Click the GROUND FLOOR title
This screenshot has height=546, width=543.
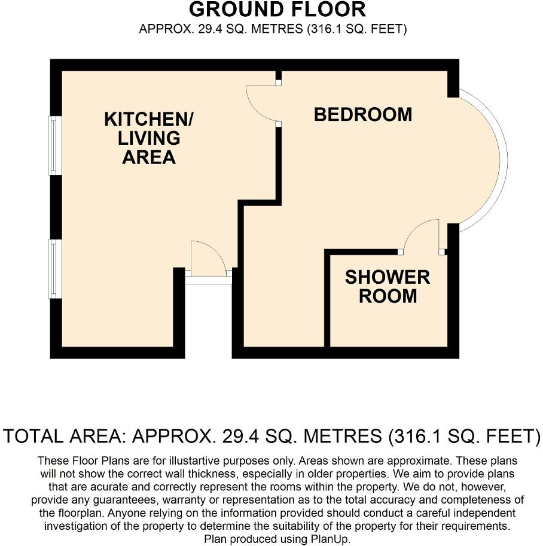tap(277, 10)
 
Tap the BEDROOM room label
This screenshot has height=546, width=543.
tap(363, 114)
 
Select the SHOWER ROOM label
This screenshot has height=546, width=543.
tap(387, 286)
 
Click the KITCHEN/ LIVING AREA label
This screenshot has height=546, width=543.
tap(149, 138)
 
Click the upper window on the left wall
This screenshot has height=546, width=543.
tap(54, 145)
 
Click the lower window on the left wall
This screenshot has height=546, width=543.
tap(54, 269)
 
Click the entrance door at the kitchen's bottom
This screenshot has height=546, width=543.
tap(208, 259)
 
